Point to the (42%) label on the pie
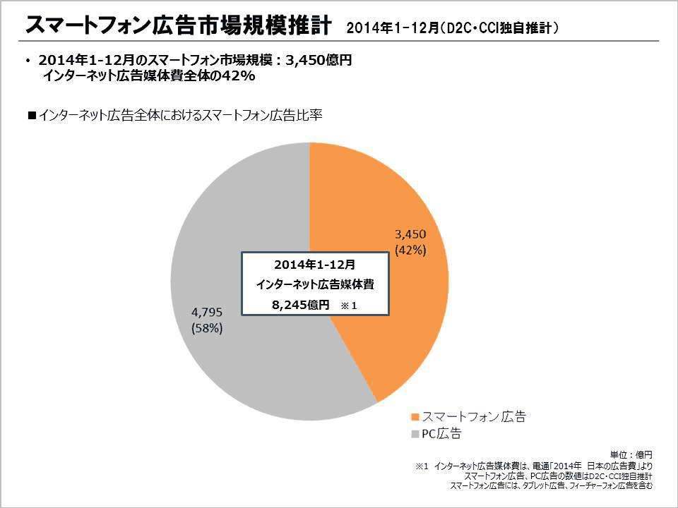click(410, 250)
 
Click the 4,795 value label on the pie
click(208, 312)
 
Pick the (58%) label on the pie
click(208, 328)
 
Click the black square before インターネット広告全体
click(31, 116)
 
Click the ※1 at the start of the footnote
click(422, 466)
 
